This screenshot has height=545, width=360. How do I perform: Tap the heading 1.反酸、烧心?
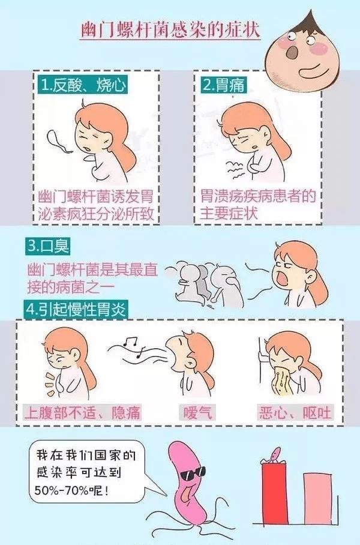tap(82, 85)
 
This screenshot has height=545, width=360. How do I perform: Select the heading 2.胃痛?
tap(223, 85)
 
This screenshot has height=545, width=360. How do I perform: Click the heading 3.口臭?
tap(48, 246)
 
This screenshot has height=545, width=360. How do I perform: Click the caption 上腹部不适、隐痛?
tap(83, 413)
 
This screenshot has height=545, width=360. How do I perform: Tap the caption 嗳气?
tap(197, 413)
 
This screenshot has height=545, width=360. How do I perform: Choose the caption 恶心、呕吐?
tap(295, 413)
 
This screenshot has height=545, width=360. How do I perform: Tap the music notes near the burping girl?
tap(132, 346)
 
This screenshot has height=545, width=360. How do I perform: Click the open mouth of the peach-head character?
tap(290, 52)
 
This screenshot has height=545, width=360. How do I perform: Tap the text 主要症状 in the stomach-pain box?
tap(229, 214)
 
